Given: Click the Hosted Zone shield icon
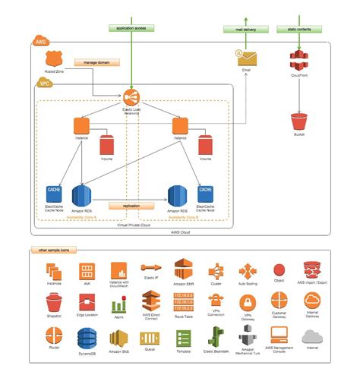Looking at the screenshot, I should (x=53, y=58).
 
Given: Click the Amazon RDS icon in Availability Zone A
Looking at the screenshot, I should (x=82, y=194).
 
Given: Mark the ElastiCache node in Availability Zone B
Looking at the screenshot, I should (x=205, y=193).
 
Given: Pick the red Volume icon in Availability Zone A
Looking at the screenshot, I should (x=107, y=145).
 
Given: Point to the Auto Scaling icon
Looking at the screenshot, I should (x=248, y=271).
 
